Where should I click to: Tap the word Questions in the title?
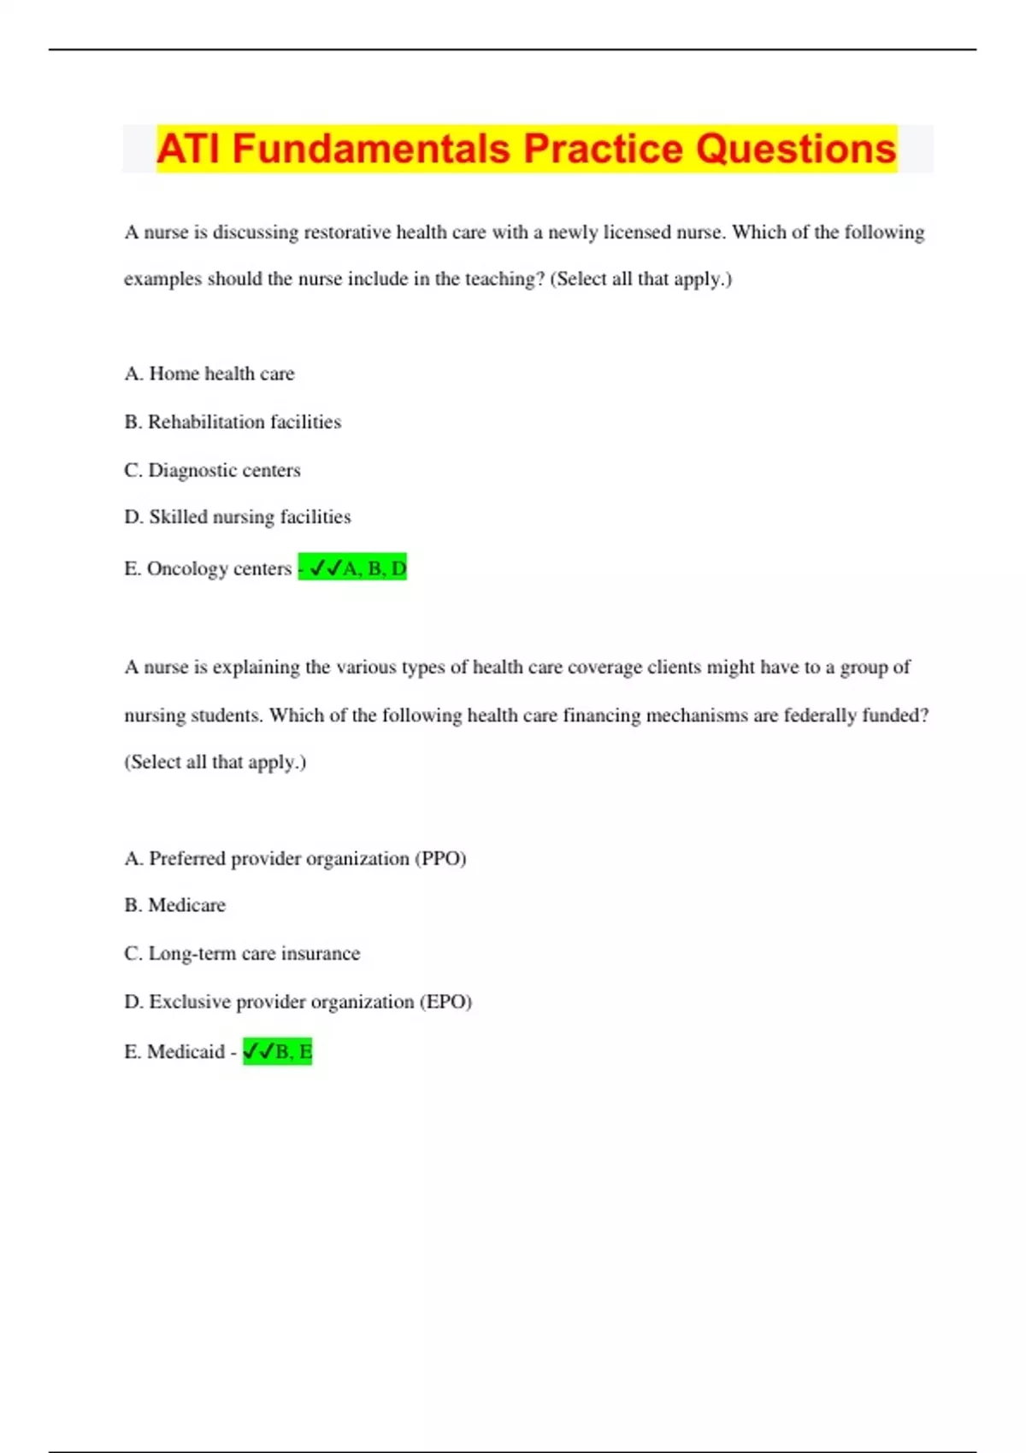coord(795,149)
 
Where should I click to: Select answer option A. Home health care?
coord(209,374)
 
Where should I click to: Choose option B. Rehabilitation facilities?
coord(233,421)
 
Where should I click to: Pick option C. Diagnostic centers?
coord(212,470)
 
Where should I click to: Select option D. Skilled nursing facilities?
coord(238,517)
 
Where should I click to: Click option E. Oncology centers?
coord(208,568)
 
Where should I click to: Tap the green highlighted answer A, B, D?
coord(353,568)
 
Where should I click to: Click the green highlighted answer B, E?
coord(278,1051)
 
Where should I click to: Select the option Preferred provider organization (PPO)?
coord(295,858)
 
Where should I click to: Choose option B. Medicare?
coord(175,905)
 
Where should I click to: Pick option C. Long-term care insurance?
coord(242,953)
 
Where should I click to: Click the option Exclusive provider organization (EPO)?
coord(298,1002)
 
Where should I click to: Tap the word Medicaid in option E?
coord(186,1051)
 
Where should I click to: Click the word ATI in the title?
coord(189,149)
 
